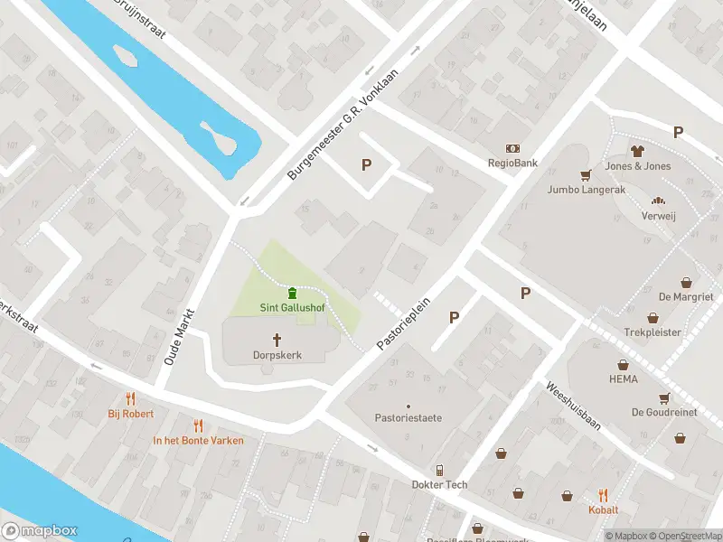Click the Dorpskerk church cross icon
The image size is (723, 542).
277,340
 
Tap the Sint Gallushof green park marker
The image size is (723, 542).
293,293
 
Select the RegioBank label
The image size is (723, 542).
512,164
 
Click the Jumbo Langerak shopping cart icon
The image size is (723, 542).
586,174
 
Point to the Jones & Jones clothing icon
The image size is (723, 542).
637,151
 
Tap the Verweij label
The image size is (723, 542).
658,217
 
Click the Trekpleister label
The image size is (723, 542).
652,332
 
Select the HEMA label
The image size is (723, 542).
623,379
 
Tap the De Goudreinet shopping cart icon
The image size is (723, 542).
665,397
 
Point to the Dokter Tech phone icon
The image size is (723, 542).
439,470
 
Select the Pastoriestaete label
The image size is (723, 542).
408,418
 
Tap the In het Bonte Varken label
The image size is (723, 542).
197,441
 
